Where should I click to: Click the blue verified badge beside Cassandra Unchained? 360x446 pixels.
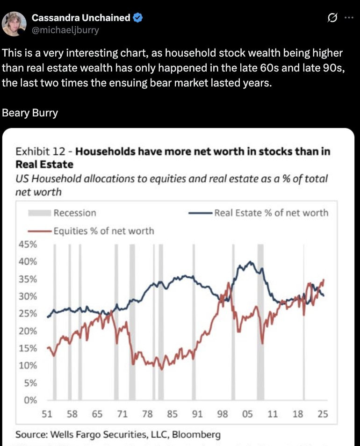[138, 18]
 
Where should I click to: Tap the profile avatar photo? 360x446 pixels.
[14, 23]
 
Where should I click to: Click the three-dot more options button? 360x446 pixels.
[349, 18]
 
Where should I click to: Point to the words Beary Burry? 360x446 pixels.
[30, 113]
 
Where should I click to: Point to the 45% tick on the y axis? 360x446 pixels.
[28, 244]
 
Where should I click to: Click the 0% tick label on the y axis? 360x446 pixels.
[30, 400]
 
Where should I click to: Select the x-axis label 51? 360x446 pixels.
[47, 414]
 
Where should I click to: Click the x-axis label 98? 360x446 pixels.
[223, 414]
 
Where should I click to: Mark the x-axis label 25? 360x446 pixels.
[323, 414]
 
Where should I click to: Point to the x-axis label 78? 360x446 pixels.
[147, 414]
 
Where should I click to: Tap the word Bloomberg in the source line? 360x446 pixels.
[196, 435]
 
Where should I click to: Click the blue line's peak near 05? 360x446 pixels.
[251, 262]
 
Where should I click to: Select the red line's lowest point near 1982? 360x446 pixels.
[162, 369]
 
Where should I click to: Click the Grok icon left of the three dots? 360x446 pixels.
[332, 18]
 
